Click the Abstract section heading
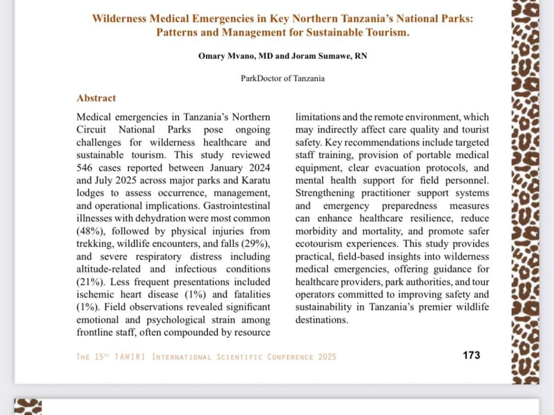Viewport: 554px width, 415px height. click(96, 98)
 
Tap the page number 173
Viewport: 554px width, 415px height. click(471, 355)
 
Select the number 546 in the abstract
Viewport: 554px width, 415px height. click(87, 168)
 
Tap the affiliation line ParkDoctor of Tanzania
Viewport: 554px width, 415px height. click(282, 78)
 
